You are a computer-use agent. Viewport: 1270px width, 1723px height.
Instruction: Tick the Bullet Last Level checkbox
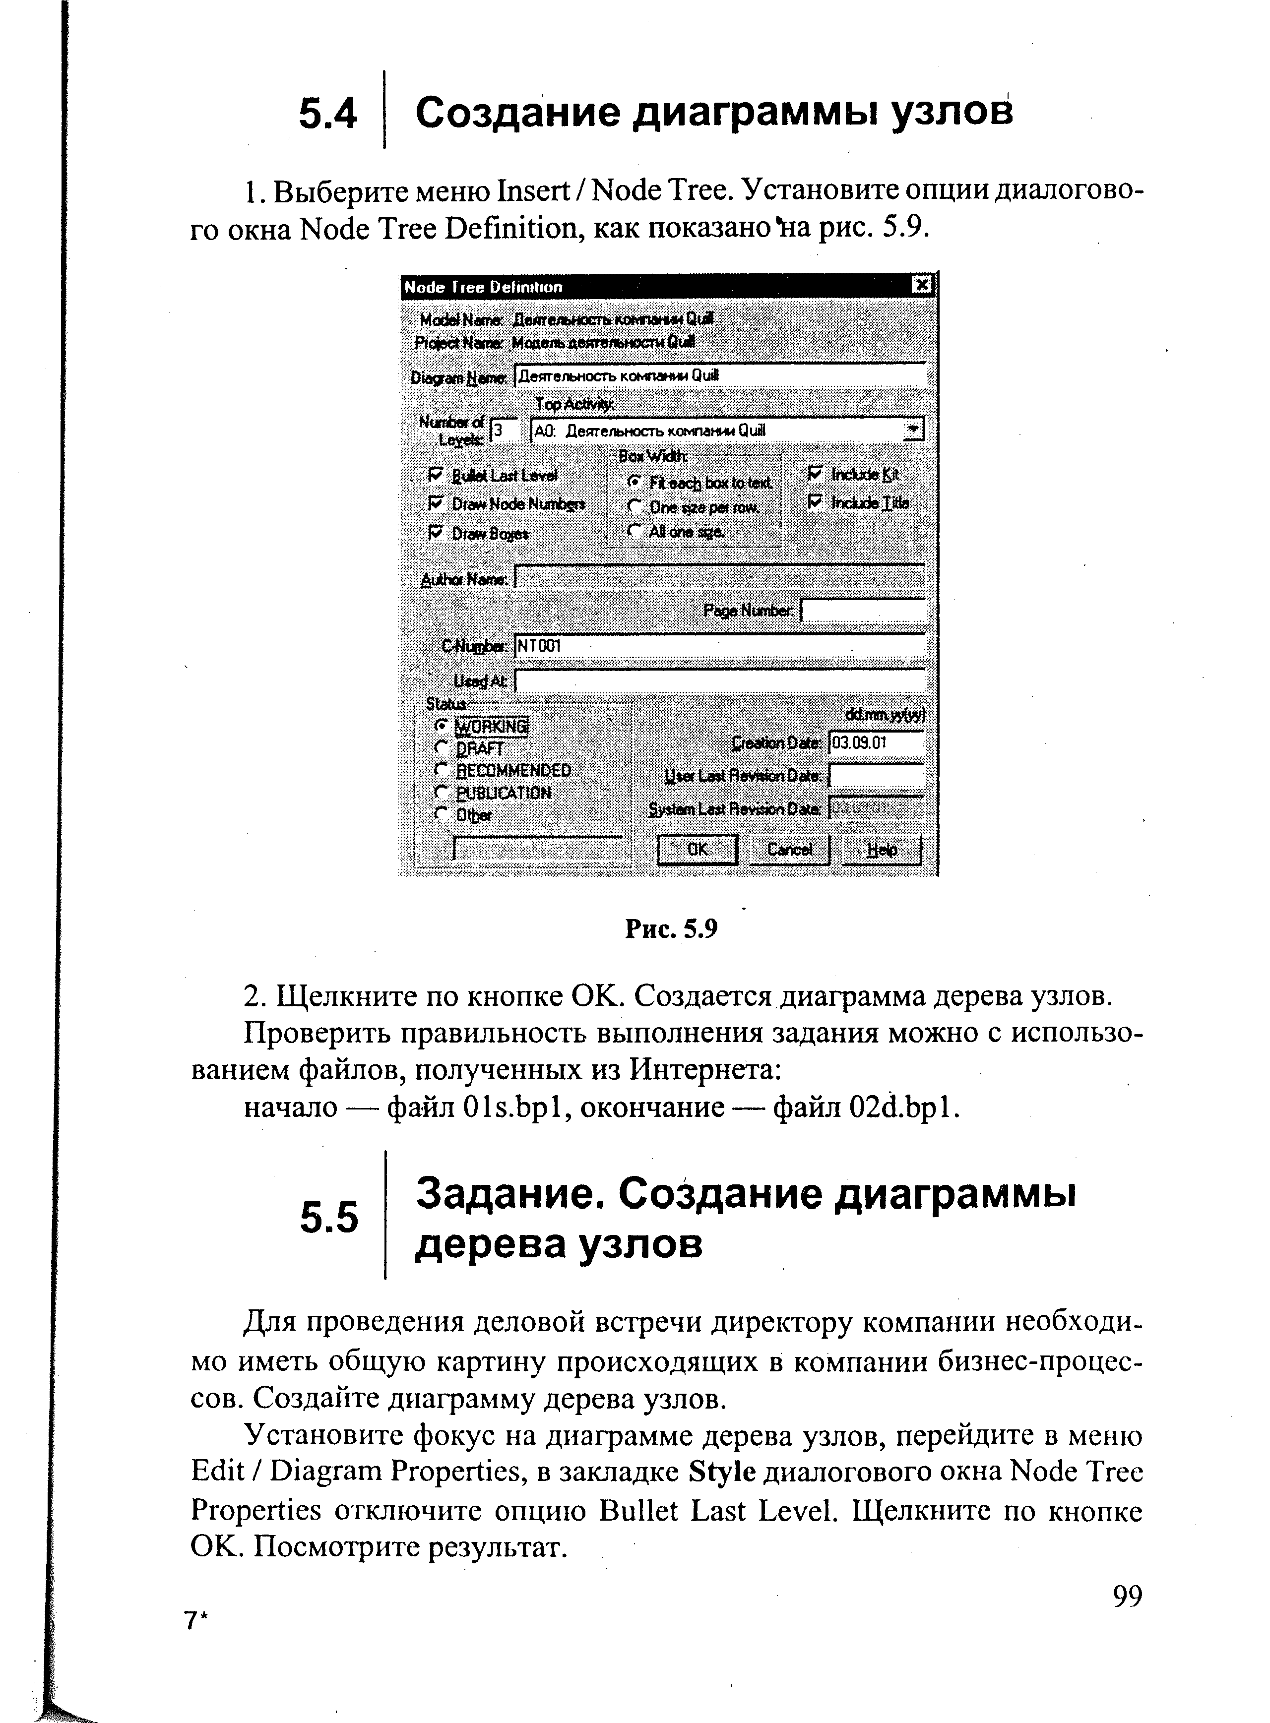click(x=437, y=475)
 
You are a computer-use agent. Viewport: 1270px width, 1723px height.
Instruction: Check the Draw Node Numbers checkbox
click(x=437, y=503)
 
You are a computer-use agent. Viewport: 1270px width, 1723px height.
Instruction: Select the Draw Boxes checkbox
click(x=437, y=532)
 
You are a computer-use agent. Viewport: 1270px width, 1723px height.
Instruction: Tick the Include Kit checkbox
click(x=816, y=474)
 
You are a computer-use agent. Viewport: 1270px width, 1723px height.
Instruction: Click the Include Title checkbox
click(x=816, y=502)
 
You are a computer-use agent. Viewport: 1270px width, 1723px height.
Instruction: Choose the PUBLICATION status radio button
click(x=441, y=792)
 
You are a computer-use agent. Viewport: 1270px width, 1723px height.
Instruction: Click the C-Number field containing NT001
click(x=719, y=646)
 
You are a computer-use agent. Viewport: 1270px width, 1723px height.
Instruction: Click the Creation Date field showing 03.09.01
click(x=875, y=743)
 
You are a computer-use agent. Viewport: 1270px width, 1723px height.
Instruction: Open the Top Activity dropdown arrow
click(x=913, y=430)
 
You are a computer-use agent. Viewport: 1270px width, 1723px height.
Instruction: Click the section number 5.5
click(x=329, y=1218)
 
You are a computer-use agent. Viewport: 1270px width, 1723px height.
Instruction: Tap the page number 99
click(x=1127, y=1596)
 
